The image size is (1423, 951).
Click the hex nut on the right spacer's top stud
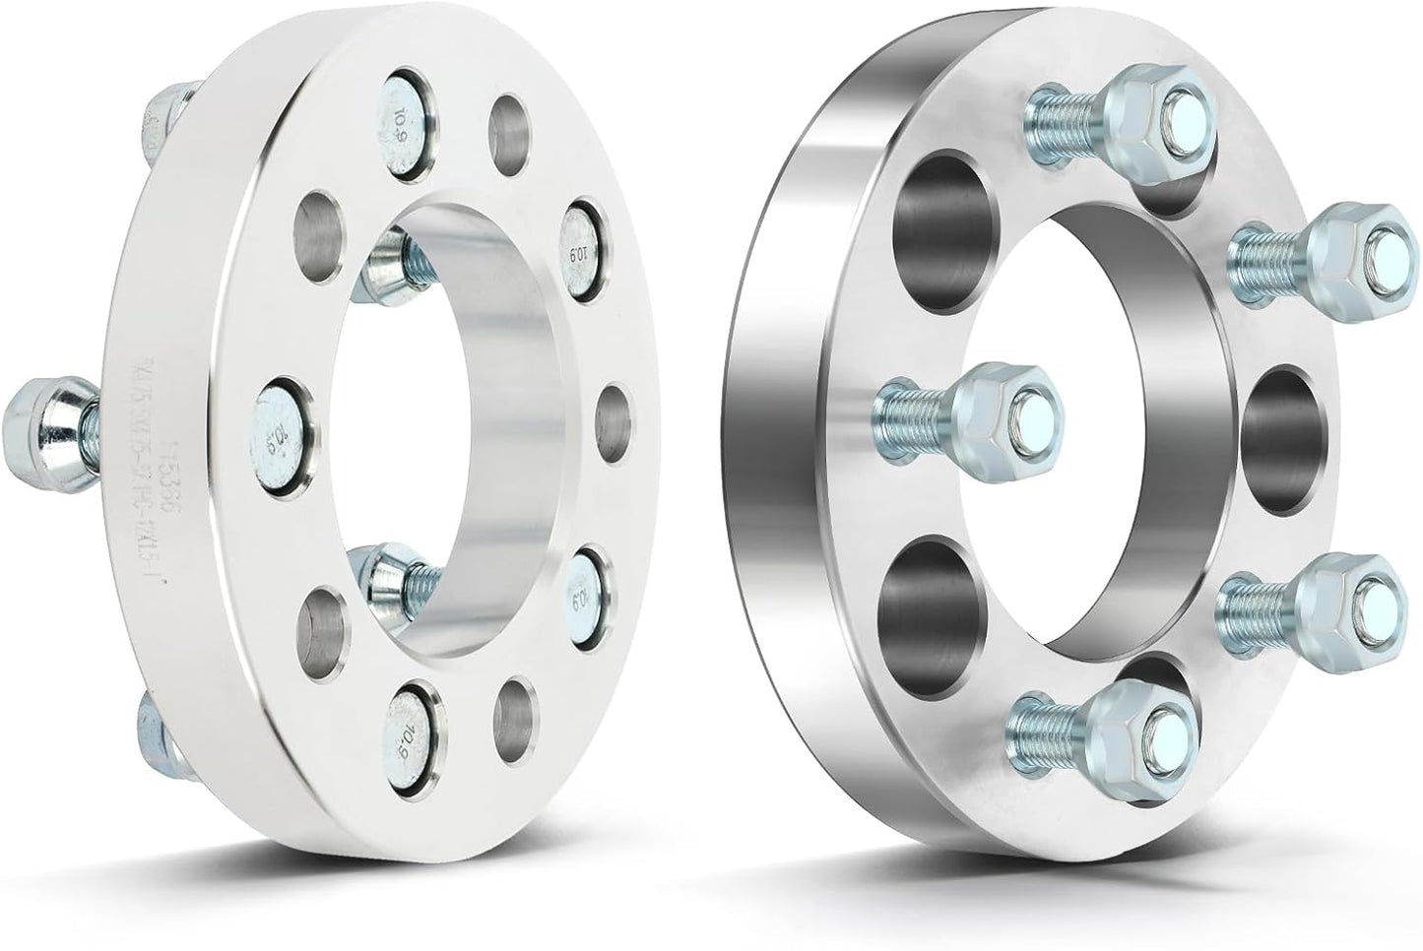pos(1147,115)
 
